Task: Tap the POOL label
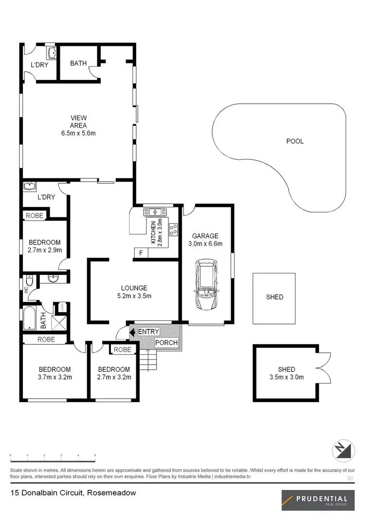click(295, 141)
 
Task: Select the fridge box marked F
click(141, 253)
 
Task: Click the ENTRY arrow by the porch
click(132, 332)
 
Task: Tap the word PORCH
click(166, 343)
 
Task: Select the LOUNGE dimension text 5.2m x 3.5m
click(134, 296)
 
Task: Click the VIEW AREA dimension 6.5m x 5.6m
click(78, 133)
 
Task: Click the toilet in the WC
click(30, 282)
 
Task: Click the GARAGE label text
click(205, 236)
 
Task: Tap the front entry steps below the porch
click(146, 359)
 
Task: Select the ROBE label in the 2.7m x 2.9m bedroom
click(35, 215)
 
